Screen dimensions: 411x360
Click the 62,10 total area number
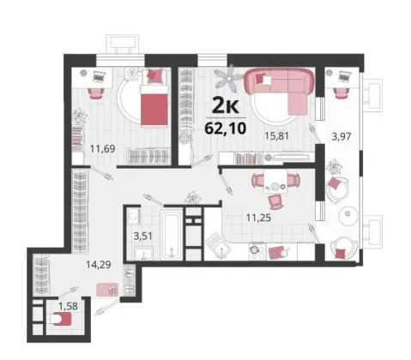pos(226,129)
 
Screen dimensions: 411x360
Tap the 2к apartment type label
pos(225,106)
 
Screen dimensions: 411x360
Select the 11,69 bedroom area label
pos(103,148)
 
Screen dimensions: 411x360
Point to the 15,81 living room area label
pos(276,136)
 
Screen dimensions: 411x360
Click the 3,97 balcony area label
pos(341,136)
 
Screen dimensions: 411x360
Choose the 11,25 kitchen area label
pos(258,218)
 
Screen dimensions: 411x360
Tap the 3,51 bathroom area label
pos(143,237)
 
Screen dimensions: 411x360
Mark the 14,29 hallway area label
pos(99,265)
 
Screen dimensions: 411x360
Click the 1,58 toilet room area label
pos(68,306)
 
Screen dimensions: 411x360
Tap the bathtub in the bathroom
pos(172,235)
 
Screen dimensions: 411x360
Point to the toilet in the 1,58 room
pos(61,319)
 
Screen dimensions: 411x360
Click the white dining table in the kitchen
pos(275,181)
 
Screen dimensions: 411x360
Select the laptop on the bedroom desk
pos(99,76)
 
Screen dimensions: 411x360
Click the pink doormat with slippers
pos(107,290)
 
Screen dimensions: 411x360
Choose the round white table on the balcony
pos(348,215)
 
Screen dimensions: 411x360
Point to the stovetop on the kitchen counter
pos(257,251)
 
